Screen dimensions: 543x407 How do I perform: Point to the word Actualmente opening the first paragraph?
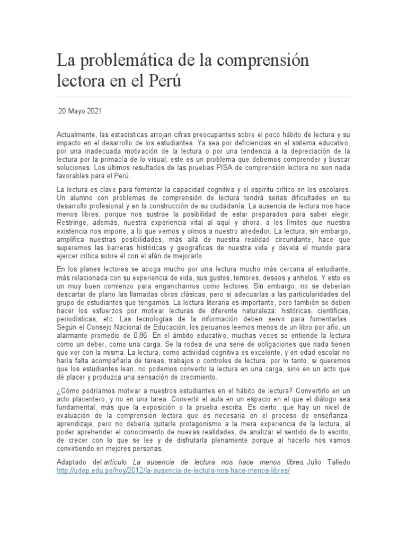click(x=75, y=136)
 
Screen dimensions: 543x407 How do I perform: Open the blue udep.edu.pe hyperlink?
click(x=174, y=471)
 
